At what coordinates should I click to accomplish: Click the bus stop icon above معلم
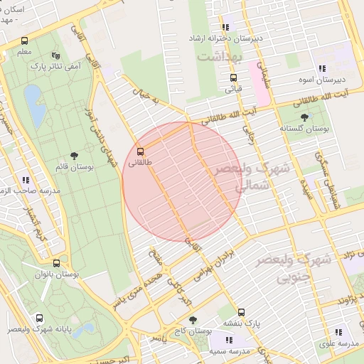[25, 41]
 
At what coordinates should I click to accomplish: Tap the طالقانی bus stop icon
[140, 151]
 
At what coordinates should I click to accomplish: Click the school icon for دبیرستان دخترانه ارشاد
[226, 27]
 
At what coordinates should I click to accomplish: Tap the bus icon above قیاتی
[232, 78]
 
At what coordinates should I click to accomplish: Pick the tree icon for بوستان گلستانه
[304, 117]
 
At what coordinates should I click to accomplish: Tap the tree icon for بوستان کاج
[191, 320]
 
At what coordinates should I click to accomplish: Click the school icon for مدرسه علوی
[338, 331]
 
